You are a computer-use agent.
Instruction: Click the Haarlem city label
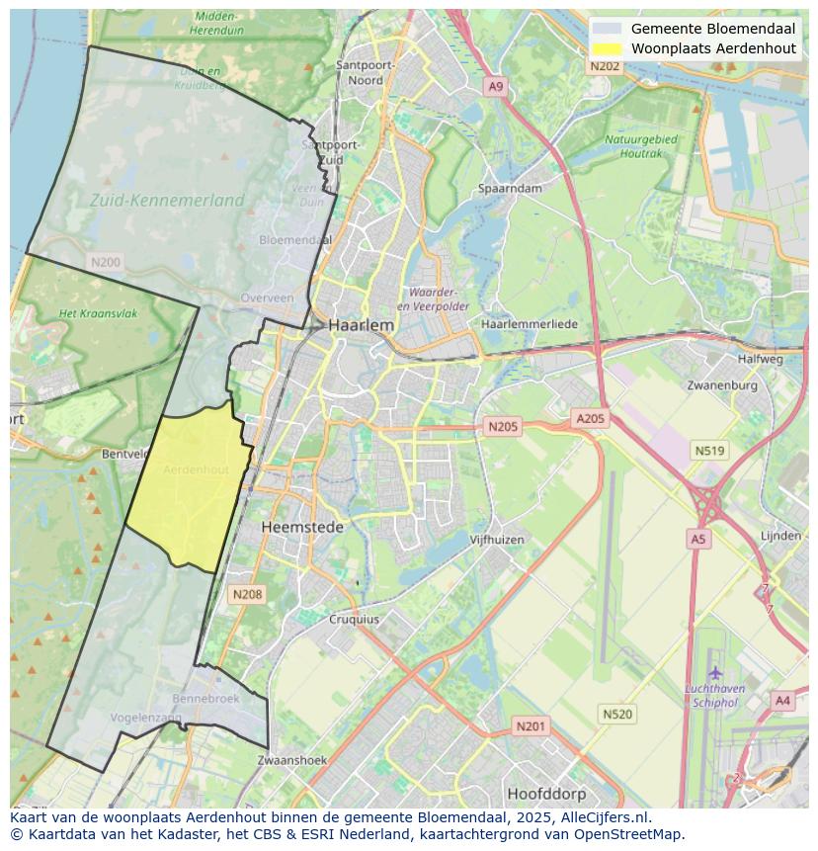click(x=362, y=324)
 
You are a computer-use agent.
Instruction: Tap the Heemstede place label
click(x=302, y=527)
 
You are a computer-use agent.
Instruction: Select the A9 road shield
click(x=496, y=87)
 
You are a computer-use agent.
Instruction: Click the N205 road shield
click(x=502, y=426)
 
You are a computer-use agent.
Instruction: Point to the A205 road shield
click(x=590, y=418)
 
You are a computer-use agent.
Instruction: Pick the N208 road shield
click(x=246, y=593)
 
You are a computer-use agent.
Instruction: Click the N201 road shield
click(x=531, y=726)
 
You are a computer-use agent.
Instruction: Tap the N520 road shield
click(x=617, y=714)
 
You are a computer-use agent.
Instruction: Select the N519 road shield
click(x=709, y=451)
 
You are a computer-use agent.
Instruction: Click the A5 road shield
click(x=698, y=539)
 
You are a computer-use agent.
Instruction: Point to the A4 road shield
click(x=782, y=701)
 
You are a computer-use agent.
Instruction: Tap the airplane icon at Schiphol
click(x=715, y=673)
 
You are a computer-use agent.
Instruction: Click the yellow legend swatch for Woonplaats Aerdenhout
click(x=608, y=48)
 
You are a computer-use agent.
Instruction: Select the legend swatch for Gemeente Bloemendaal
click(x=608, y=29)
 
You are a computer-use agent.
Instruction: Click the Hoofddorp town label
click(x=546, y=794)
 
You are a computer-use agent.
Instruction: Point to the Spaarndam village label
click(x=510, y=188)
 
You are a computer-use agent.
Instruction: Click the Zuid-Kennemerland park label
click(x=167, y=200)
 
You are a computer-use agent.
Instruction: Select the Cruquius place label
click(x=353, y=620)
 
